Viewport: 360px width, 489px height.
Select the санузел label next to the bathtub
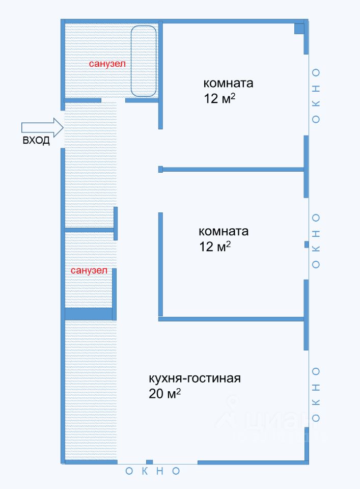107,64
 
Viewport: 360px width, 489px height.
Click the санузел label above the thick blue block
89,271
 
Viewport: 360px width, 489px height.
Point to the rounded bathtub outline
143,61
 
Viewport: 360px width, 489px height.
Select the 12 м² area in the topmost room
219,98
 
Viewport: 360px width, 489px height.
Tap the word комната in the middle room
223,232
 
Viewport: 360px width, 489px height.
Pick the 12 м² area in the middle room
214,247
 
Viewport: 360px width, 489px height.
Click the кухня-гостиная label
194,379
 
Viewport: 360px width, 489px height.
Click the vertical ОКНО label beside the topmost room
316,96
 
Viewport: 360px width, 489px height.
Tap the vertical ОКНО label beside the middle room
316,241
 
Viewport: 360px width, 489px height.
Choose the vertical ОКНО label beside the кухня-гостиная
316,394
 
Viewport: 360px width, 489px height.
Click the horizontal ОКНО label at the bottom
153,471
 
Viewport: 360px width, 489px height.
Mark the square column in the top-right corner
300,29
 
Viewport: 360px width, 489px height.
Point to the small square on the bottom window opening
149,462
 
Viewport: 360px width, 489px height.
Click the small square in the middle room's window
306,244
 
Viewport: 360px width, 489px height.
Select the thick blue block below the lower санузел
88,314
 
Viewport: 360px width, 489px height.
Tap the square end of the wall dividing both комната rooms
160,169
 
